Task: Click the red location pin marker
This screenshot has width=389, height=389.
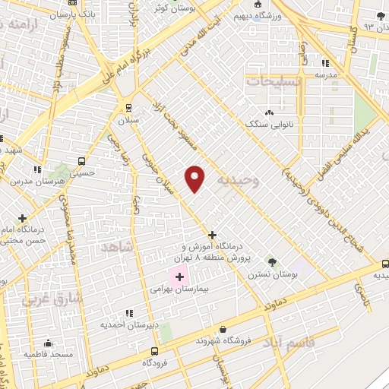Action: [x=194, y=179]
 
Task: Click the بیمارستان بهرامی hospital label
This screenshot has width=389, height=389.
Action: [x=179, y=289]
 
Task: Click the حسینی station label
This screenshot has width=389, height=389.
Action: [x=82, y=173]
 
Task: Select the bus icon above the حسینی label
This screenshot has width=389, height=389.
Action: [x=82, y=162]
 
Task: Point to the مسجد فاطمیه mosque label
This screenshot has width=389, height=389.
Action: [x=47, y=354]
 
